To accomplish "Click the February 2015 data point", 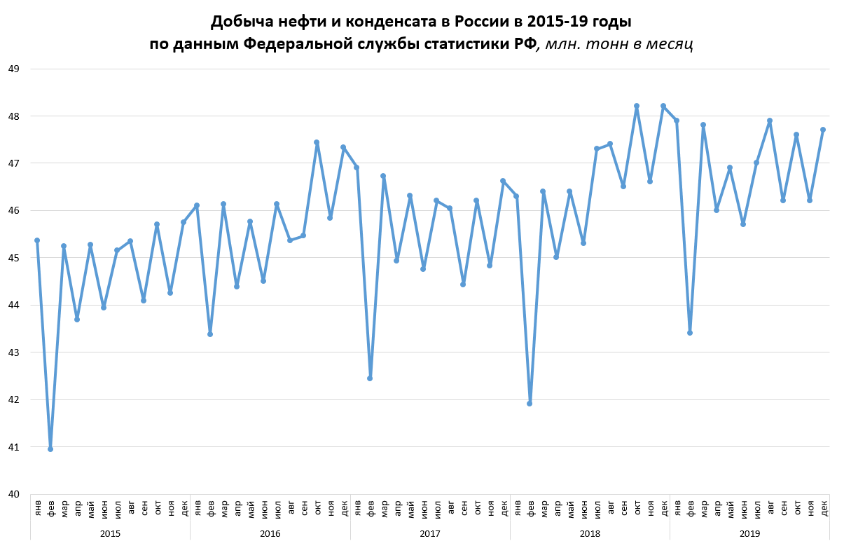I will (50, 448).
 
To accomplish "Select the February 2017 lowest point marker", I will (370, 378).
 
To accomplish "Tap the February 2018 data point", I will (530, 404).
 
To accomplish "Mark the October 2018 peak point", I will (637, 106).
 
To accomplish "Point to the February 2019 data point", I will (690, 333).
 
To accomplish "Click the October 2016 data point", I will (317, 142).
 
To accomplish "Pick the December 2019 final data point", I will (823, 130).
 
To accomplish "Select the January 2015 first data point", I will (37, 240).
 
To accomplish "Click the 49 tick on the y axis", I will (15, 69).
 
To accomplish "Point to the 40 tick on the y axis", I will (15, 494).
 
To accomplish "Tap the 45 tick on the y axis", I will (15, 258).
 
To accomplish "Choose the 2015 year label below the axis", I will (111, 533).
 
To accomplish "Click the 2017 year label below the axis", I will (430, 533).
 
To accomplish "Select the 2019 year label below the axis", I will (749, 533).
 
